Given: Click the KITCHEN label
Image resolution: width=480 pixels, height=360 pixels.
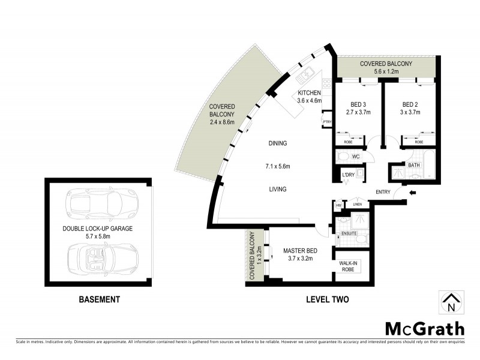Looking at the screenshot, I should [x=309, y=93].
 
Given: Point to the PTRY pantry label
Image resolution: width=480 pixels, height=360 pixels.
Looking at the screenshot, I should [x=327, y=122].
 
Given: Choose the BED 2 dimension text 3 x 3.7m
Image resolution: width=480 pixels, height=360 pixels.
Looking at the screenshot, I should [x=410, y=112].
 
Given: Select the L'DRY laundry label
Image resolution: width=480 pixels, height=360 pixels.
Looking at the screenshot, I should [x=348, y=175].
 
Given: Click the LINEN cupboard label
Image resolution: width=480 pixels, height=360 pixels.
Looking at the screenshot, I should [x=358, y=205].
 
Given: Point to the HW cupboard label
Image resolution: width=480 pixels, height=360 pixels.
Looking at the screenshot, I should [x=338, y=205].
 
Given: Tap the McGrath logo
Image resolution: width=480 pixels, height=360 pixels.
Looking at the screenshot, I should [x=424, y=328].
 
